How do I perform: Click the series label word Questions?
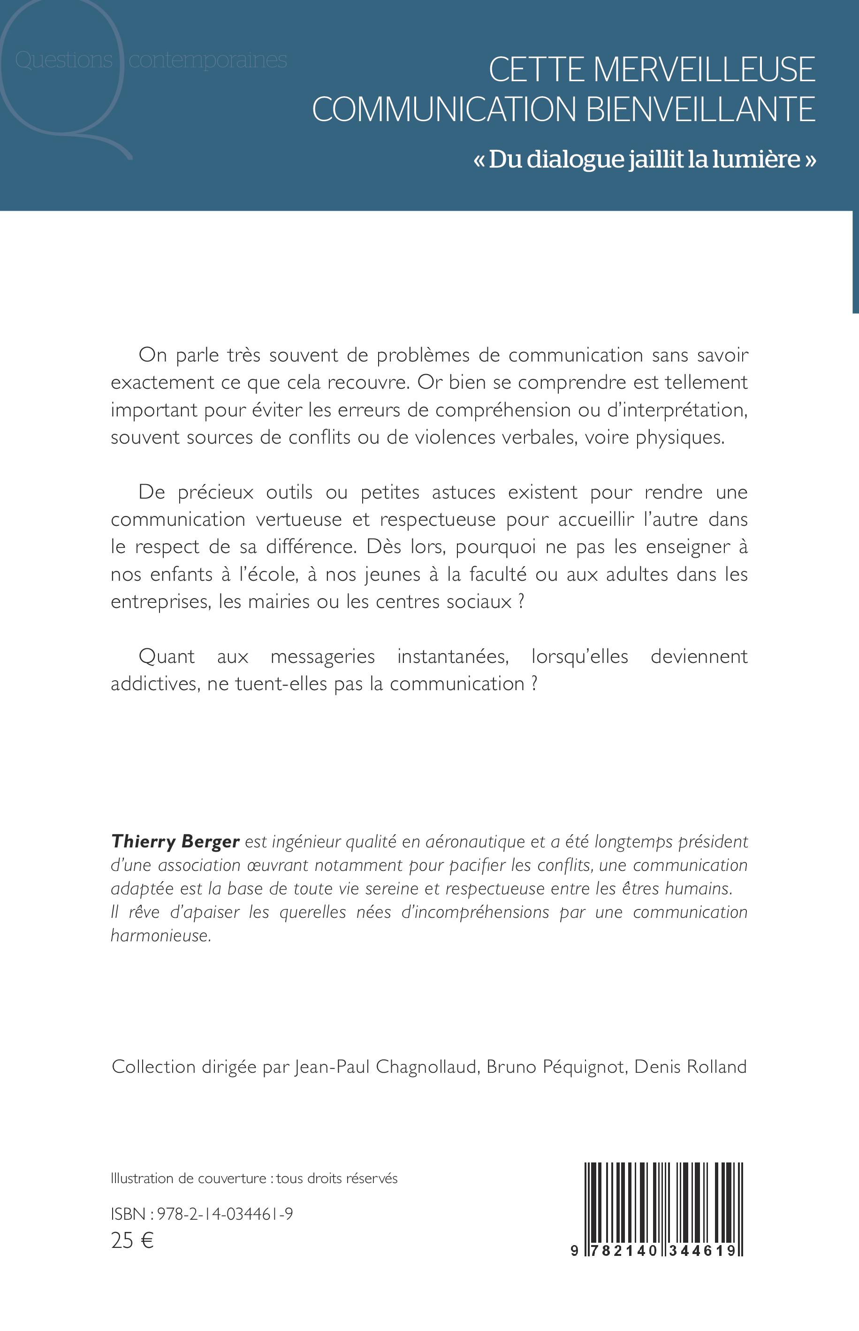[64, 60]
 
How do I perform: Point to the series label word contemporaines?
[207, 60]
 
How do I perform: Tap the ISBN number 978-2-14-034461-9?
[225, 1215]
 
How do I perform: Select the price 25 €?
[132, 1240]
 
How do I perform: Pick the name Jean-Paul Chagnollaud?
[386, 1067]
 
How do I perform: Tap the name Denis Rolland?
[691, 1067]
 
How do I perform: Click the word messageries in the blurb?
[322, 657]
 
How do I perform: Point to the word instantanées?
[453, 656]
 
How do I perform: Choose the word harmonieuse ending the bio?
[160, 936]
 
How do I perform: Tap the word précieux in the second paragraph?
[216, 492]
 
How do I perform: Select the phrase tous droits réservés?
[337, 1178]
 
